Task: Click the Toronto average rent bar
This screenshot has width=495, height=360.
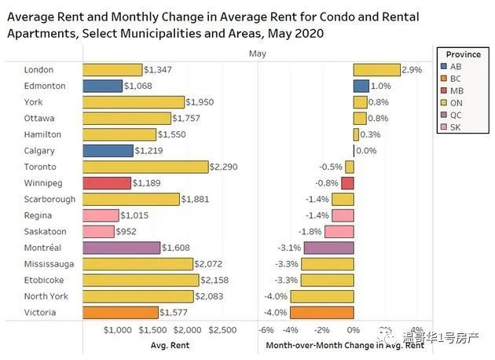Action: pyautogui.click(x=145, y=167)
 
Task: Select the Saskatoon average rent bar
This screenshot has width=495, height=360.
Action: pyautogui.click(x=97, y=231)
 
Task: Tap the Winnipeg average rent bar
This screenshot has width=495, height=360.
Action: pyautogui.click(x=105, y=183)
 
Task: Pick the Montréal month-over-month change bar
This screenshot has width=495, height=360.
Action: pyautogui.click(x=328, y=248)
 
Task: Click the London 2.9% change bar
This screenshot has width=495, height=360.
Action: pyautogui.click(x=376, y=70)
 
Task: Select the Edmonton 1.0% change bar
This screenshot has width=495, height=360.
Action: pyautogui.click(x=361, y=86)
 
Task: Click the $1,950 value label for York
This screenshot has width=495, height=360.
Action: pyautogui.click(x=200, y=102)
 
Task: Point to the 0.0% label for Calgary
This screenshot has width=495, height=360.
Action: pyautogui.click(x=366, y=150)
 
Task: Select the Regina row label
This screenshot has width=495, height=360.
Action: pyautogui.click(x=38, y=215)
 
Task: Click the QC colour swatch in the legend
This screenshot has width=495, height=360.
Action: pyautogui.click(x=445, y=113)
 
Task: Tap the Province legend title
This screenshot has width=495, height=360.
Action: pyautogui.click(x=464, y=54)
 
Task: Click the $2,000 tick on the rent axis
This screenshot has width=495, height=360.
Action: pyautogui.click(x=188, y=329)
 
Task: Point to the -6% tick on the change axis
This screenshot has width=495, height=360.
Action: pyautogui.click(x=266, y=329)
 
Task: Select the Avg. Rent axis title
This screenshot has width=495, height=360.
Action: pyautogui.click(x=169, y=345)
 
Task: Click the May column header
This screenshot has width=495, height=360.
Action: pyautogui.click(x=257, y=53)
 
